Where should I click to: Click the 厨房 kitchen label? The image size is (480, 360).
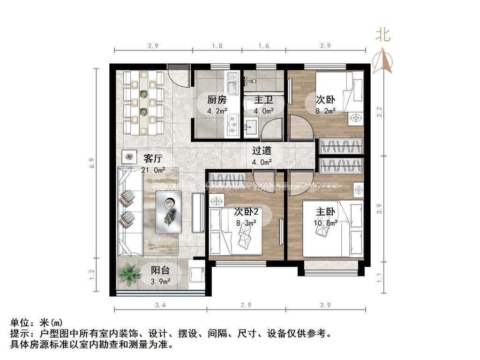(217, 100)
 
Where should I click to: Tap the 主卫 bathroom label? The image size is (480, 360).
(263, 100)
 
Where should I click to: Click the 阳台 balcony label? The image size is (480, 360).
(160, 270)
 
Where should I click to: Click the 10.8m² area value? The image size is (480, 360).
(326, 223)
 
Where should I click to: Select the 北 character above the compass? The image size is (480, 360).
(382, 35)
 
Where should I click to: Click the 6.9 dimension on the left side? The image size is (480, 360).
(93, 163)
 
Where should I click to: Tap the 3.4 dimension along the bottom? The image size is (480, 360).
(159, 306)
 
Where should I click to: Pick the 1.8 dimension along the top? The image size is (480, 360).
(217, 46)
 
